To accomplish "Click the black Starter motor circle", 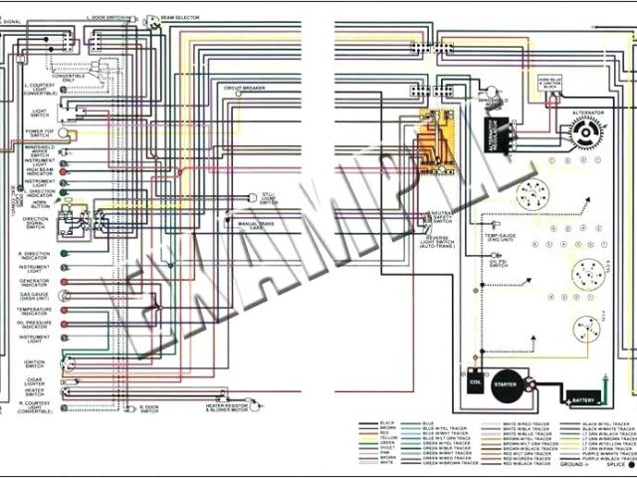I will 506,384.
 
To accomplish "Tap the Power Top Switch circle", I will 64,132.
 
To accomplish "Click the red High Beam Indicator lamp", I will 63,170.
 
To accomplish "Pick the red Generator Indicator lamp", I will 63,283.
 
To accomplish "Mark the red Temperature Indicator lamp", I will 63,311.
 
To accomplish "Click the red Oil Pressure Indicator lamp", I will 63,324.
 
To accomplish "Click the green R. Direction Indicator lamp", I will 63,254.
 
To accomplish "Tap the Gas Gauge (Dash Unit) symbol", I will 63,296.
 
